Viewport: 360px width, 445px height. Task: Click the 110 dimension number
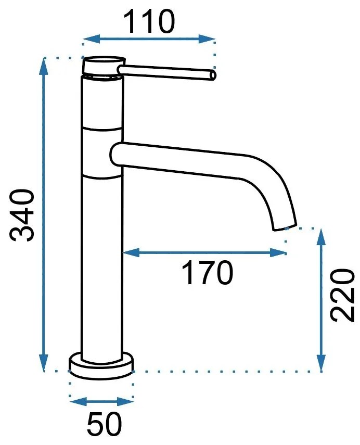149,21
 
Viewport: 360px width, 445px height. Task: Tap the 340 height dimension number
22,215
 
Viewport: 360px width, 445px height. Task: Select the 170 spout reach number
208,273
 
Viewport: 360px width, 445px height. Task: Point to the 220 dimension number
343,296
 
